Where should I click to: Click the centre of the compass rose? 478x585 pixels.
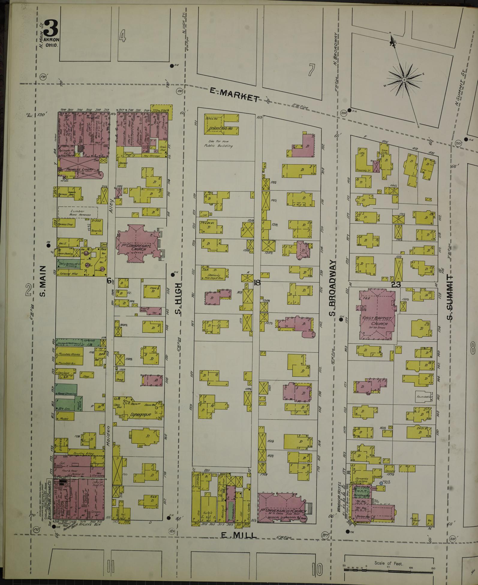pyautogui.click(x=404, y=80)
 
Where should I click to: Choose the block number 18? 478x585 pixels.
pyautogui.click(x=257, y=282)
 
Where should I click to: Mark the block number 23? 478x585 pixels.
pyautogui.click(x=396, y=284)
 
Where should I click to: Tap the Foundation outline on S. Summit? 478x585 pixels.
pyautogui.click(x=424, y=397)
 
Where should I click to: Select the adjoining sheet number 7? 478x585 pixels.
pyautogui.click(x=312, y=70)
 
